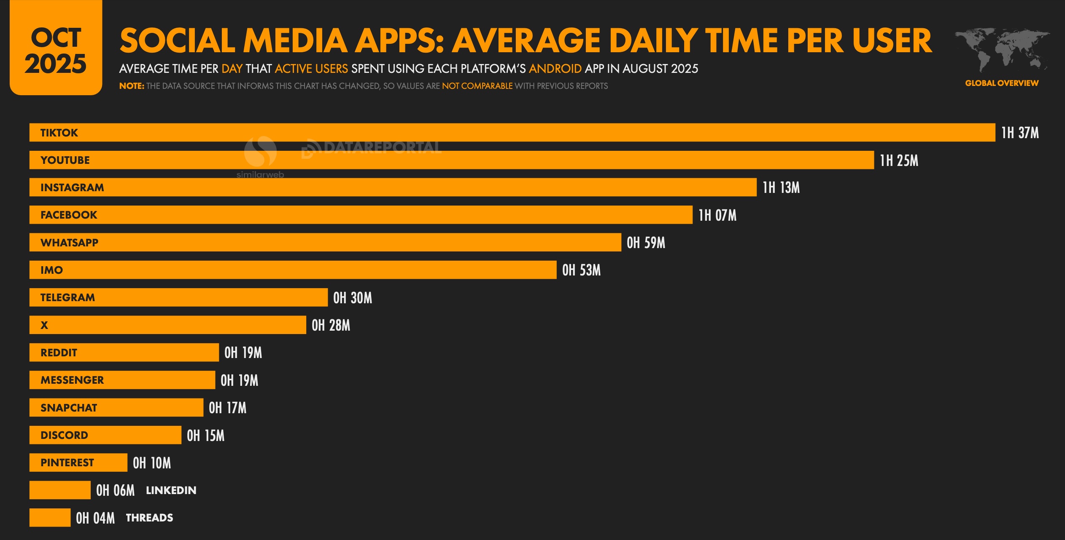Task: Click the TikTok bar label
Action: pyautogui.click(x=59, y=133)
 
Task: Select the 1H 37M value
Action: pyautogui.click(x=1020, y=133)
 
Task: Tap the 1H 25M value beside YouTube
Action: pyautogui.click(x=899, y=160)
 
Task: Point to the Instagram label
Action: pyautogui.click(x=72, y=187)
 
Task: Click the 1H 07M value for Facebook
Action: pyautogui.click(x=717, y=215)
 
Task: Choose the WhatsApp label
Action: pyautogui.click(x=69, y=243)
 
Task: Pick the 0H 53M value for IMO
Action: pyautogui.click(x=581, y=270)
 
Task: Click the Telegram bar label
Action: pyautogui.click(x=67, y=297)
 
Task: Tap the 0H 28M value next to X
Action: pyautogui.click(x=331, y=325)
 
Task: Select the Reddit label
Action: pyautogui.click(x=59, y=353)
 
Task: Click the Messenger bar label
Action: pyautogui.click(x=72, y=380)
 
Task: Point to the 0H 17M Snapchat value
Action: pyautogui.click(x=227, y=408)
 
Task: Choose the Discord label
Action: pyautogui.click(x=64, y=435)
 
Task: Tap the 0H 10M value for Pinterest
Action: pyautogui.click(x=152, y=463)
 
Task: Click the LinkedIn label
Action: pyautogui.click(x=171, y=490)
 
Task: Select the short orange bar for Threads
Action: pyautogui.click(x=50, y=518)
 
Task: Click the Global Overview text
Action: pyautogui.click(x=1002, y=83)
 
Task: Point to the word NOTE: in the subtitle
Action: pyautogui.click(x=132, y=86)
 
